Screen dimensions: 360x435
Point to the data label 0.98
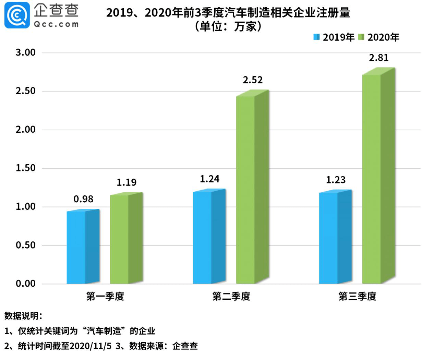pos(83,199)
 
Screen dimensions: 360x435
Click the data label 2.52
pos(253,80)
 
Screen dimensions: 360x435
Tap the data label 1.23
pos(336,180)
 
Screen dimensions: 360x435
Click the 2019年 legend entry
pos(334,37)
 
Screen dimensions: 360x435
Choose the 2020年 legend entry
pos(379,37)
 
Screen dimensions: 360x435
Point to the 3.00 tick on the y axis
pos(26,53)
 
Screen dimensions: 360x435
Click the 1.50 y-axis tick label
pos(26,168)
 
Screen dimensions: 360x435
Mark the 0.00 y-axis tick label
pos(26,284)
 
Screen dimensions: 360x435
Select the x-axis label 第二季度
pos(231,297)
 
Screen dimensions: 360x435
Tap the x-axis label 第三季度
pos(357,297)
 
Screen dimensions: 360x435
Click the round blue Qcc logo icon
pos(17,15)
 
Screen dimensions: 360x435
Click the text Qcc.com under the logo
pos(56,24)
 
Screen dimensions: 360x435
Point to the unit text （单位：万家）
pos(228,26)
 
